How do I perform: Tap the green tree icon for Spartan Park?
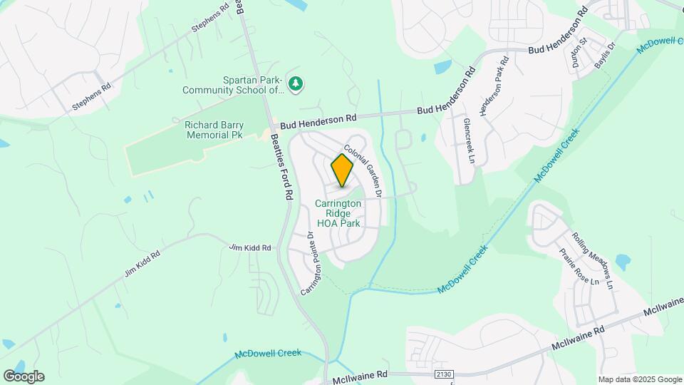295,84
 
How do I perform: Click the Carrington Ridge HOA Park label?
338,213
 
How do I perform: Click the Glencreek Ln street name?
468,140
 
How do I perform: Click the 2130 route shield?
442,374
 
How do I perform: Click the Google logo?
23,376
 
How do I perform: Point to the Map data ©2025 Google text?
639,379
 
